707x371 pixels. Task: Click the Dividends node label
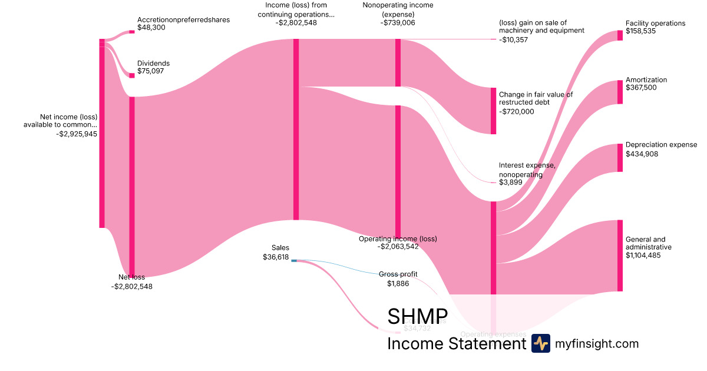click(153, 63)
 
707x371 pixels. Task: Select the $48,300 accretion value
click(151, 28)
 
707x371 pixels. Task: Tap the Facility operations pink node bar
click(620, 35)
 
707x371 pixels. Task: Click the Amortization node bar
click(620, 92)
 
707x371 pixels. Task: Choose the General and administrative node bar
click(620, 256)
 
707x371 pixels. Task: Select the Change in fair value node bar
click(493, 111)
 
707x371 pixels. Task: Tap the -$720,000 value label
click(517, 111)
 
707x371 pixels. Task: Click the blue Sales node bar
click(294, 260)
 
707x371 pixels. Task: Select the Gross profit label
click(397, 274)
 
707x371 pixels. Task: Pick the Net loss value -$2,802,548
click(131, 287)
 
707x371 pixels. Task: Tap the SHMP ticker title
click(417, 316)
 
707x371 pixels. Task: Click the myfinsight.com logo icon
click(541, 343)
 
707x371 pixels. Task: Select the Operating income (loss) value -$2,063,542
click(398, 247)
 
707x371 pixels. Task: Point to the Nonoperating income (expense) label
click(398, 9)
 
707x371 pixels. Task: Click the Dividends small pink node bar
click(132, 75)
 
